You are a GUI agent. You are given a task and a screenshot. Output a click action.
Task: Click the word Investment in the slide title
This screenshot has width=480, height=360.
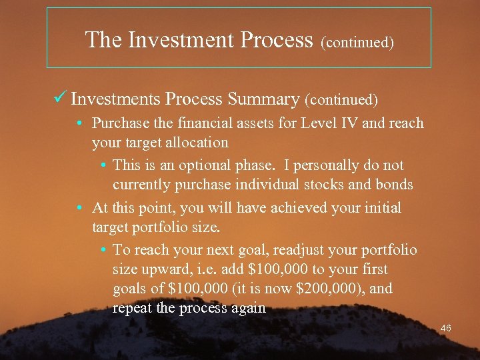pyautogui.click(x=179, y=40)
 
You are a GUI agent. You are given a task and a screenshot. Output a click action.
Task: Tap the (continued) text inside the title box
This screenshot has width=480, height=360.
pyautogui.click(x=357, y=43)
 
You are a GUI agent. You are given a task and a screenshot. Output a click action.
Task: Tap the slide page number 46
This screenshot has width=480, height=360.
pyautogui.click(x=446, y=328)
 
